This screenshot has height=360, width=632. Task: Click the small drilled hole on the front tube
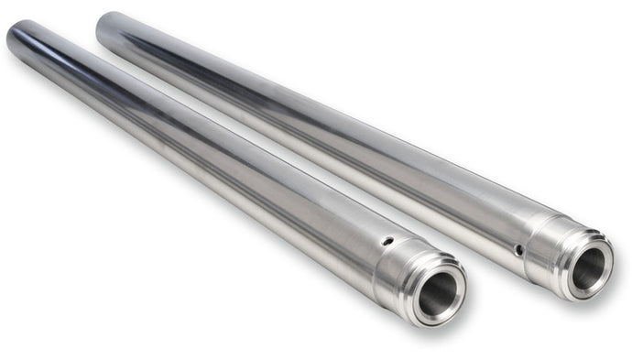(x=387, y=242)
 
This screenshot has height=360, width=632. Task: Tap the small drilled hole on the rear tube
(x=518, y=249)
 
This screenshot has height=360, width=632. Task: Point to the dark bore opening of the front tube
(x=439, y=294)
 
